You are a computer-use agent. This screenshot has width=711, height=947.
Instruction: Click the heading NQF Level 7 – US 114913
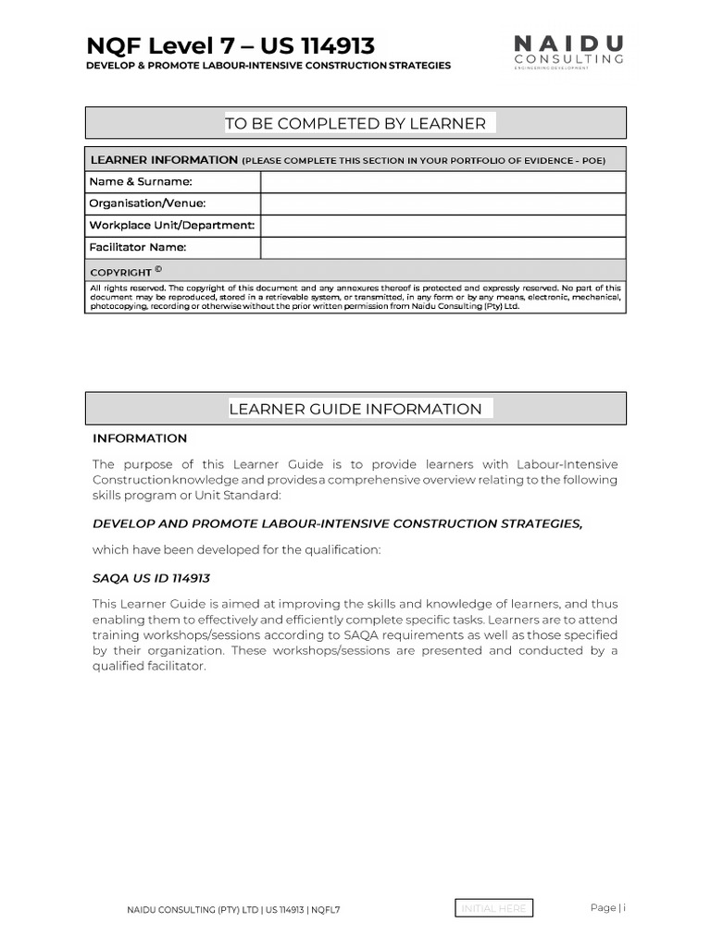231,45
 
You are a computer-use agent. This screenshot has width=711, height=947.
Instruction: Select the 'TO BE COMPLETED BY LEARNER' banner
355,123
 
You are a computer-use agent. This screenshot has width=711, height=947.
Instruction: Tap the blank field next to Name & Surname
443,181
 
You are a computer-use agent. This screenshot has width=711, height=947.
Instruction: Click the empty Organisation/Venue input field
443,203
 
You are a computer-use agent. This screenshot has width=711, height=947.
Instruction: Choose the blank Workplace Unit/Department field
443,226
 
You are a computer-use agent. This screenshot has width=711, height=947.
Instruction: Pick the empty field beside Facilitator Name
443,248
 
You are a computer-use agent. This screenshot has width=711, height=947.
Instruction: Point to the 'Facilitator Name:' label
138,248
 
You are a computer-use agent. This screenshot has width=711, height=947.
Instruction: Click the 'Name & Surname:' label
141,181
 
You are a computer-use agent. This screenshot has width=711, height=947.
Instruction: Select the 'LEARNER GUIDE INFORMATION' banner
355,409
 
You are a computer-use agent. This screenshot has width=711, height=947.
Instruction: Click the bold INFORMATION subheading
140,438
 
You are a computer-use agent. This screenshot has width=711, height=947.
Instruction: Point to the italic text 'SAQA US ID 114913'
152,578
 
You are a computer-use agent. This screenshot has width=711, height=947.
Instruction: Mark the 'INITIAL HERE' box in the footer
494,908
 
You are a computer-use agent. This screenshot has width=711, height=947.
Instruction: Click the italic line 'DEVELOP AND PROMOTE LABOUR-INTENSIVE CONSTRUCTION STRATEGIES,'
338,523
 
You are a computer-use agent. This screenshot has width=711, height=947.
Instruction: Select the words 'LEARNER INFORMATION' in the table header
164,160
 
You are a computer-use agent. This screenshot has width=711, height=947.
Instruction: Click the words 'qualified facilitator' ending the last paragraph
147,666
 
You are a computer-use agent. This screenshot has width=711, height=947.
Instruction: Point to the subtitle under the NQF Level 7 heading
268,66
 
